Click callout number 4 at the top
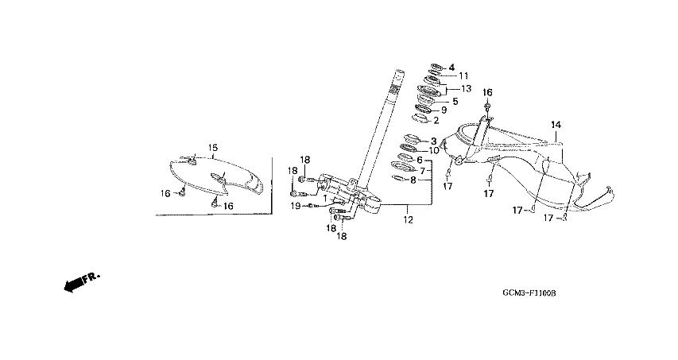(x=451, y=67)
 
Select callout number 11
(x=463, y=76)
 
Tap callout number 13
(x=467, y=88)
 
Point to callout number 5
(x=455, y=101)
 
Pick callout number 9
(x=444, y=110)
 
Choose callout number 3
(x=434, y=141)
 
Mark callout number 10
(x=434, y=150)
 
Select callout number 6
(x=420, y=160)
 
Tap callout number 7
(x=423, y=170)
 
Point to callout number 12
(x=407, y=219)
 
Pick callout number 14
(x=556, y=125)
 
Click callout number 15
(x=213, y=148)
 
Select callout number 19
(x=295, y=206)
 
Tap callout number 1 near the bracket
(x=325, y=198)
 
